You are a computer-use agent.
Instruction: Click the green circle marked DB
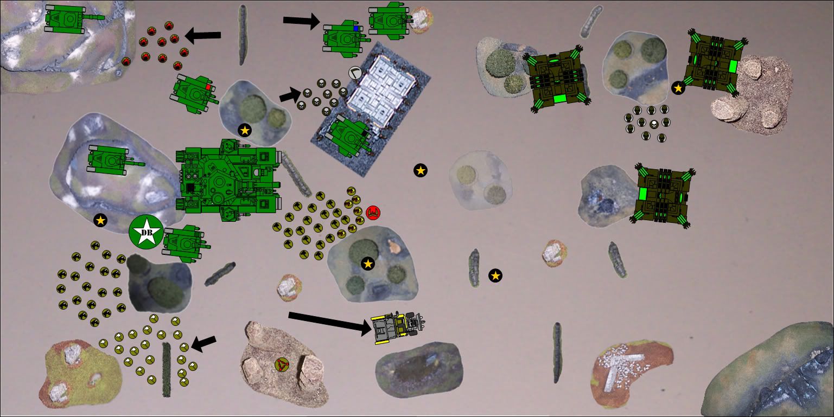pos(146,232)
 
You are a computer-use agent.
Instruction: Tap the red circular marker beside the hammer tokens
pos(373,213)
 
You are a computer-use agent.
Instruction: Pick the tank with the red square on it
pos(194,94)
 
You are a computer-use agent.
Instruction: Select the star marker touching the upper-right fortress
pos(678,88)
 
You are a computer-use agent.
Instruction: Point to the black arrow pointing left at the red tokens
pos(203,36)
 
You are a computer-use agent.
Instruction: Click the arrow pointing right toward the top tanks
pos(302,21)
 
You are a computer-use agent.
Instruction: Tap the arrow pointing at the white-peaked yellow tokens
pos(203,344)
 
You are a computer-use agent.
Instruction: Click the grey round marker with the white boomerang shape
pos(355,73)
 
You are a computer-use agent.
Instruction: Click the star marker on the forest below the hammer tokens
pos(368,264)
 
